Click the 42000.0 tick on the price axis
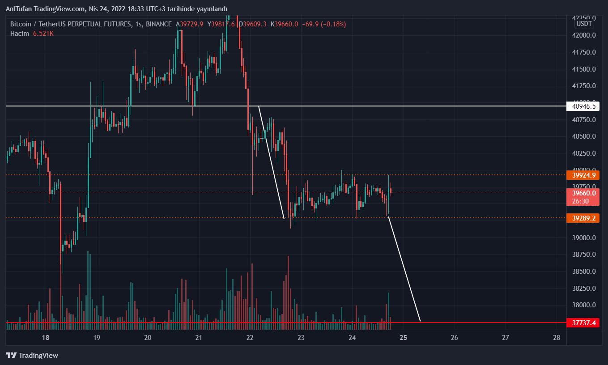(584, 35)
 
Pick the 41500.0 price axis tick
(584, 69)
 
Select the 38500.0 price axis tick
(584, 272)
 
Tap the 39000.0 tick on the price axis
(584, 238)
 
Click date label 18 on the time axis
(45, 338)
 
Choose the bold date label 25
(403, 338)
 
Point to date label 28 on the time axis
(557, 338)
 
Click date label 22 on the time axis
(250, 338)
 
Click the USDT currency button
(584, 24)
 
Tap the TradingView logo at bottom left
(32, 356)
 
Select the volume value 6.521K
(43, 34)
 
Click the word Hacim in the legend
(20, 34)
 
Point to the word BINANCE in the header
(159, 24)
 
